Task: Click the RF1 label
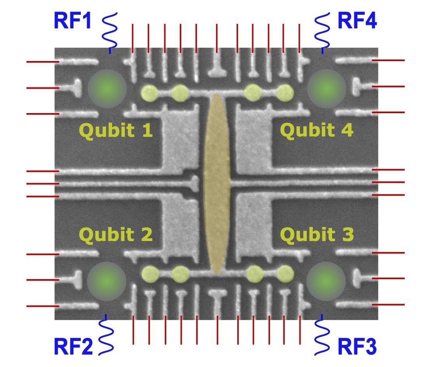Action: pos(73,21)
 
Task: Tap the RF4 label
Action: pos(357,21)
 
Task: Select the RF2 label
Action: pos(73,346)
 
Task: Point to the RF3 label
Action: pos(357,346)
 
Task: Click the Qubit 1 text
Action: pos(116,131)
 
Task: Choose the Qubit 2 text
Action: pos(116,235)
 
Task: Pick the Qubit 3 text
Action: pos(317,235)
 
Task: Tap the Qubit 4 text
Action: pos(317,131)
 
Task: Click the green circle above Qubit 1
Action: pos(107,89)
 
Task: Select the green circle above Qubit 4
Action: pos(326,89)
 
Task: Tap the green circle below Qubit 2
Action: pos(107,281)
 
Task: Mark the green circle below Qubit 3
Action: pos(326,281)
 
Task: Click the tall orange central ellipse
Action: pos(217,183)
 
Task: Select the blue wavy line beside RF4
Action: pos(322,31)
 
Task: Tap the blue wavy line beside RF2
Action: pos(106,335)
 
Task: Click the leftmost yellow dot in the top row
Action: pos(149,93)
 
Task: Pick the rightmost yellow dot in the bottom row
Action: pos(285,274)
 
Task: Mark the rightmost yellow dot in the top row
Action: pos(285,93)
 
